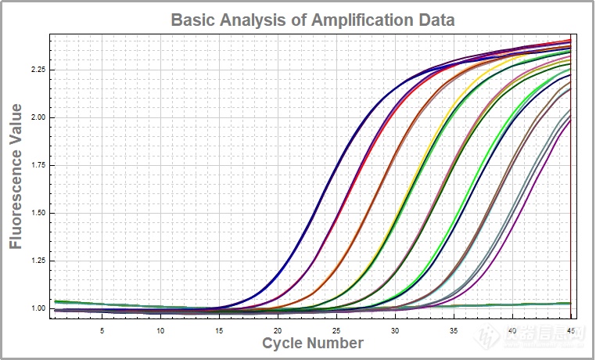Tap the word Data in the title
coord(434,20)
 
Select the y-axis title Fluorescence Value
coord(16,178)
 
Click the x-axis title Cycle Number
coord(312,343)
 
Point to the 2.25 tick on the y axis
coord(36,70)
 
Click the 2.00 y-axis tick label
coord(36,117)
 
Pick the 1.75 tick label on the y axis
coord(36,165)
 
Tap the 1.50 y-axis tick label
coord(36,213)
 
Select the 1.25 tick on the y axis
coord(36,261)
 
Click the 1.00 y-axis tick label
coord(36,308)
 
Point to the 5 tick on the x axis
coord(102,330)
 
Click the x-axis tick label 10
coord(160,330)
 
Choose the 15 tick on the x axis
coord(219,330)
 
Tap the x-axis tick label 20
coord(278,330)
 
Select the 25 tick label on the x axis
coord(336,330)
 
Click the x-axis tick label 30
coord(395,330)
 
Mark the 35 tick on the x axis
coord(454,330)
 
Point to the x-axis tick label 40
coord(512,330)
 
